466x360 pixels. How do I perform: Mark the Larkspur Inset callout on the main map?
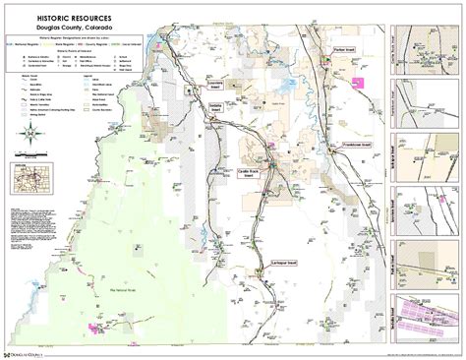pyautogui.click(x=285, y=263)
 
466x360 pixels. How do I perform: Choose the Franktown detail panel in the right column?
pyautogui.click(x=426, y=107)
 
